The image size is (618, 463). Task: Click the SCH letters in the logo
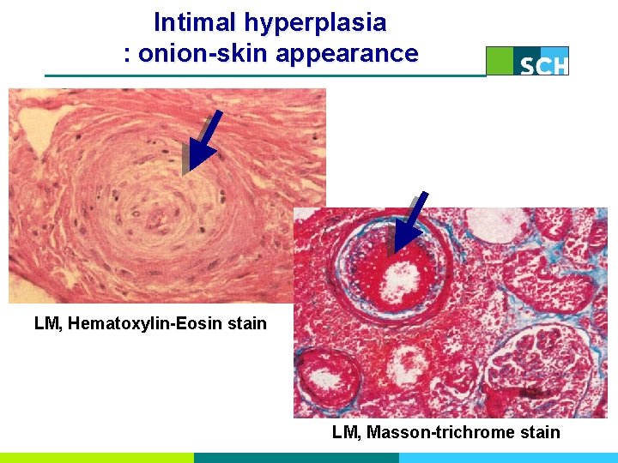(543, 65)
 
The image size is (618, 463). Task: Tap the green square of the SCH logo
(500, 61)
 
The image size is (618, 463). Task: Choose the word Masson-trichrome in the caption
(440, 432)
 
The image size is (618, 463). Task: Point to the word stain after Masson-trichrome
(540, 432)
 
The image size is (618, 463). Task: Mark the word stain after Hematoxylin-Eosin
(249, 324)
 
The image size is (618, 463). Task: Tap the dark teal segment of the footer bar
(296, 458)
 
